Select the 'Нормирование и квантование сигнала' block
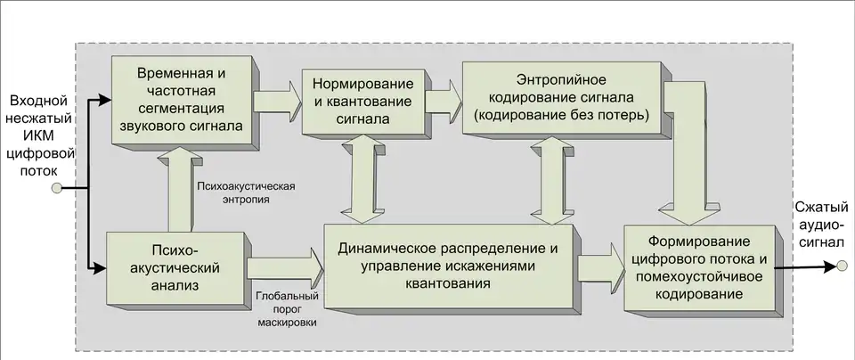point(362,100)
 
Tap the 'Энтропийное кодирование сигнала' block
point(560,97)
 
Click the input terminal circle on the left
point(56,189)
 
